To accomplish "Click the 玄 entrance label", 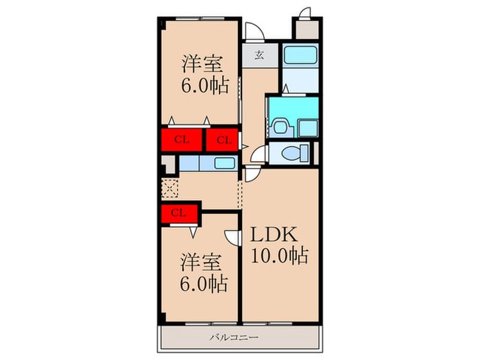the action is click(x=259, y=56).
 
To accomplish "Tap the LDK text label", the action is click(x=274, y=235).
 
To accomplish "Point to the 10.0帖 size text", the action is click(x=280, y=255).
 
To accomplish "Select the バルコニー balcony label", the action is click(x=234, y=337).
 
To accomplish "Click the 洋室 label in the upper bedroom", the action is click(x=202, y=64).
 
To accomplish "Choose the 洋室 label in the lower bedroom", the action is click(x=201, y=263).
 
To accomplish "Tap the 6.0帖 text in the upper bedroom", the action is click(x=205, y=85).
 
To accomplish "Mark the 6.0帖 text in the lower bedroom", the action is click(x=204, y=284).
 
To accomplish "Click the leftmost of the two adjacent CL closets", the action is click(x=182, y=140).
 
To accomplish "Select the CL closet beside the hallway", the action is click(x=222, y=140).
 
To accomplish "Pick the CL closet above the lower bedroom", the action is click(x=180, y=214).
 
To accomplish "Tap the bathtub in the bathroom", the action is click(x=300, y=55).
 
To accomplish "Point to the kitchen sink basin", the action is click(x=225, y=163).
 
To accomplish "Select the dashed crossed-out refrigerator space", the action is click(x=169, y=189).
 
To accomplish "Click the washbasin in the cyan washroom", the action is click(x=280, y=127).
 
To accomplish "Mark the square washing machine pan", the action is click(x=308, y=129).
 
